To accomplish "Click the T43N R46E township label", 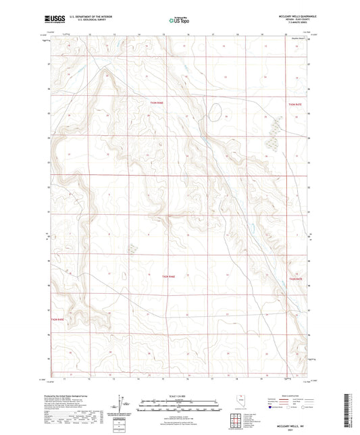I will click(x=157, y=102).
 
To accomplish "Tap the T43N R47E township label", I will click(x=295, y=105).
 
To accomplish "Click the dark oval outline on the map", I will click(x=215, y=111).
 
